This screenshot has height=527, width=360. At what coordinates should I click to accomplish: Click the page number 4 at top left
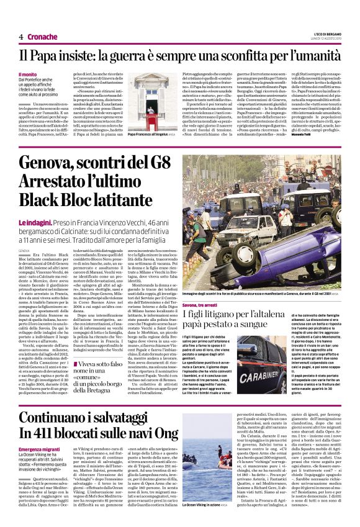21,37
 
